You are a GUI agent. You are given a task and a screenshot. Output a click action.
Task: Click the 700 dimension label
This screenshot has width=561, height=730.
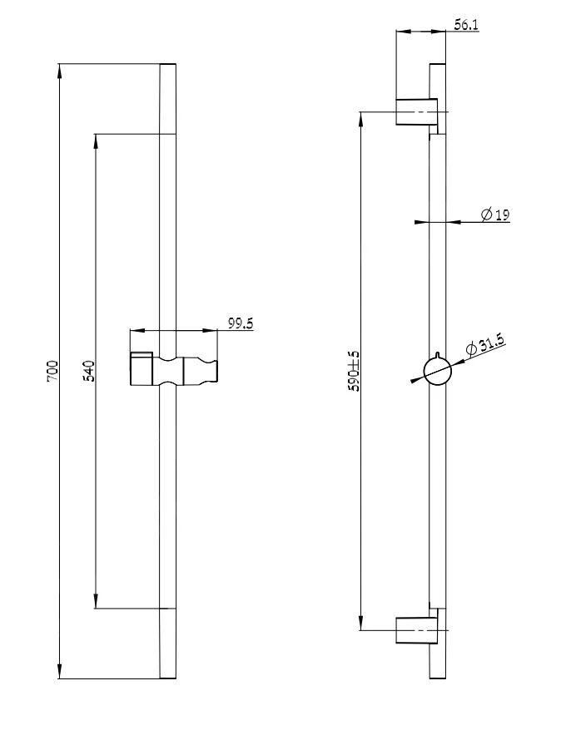(52, 370)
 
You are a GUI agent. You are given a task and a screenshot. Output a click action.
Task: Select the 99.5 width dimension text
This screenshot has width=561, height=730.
(241, 323)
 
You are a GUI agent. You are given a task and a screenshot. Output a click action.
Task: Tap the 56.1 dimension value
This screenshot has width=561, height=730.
(466, 26)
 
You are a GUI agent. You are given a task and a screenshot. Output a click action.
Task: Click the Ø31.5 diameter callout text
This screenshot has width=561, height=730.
(485, 345)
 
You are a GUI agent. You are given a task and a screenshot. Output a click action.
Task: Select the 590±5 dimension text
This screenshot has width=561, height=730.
(353, 371)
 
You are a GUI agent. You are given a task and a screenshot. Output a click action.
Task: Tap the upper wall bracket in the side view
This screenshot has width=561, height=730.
(417, 111)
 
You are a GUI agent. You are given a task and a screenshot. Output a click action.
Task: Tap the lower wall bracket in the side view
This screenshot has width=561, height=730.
(417, 631)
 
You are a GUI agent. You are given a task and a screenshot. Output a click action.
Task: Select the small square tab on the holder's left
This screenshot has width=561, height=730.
(140, 358)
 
